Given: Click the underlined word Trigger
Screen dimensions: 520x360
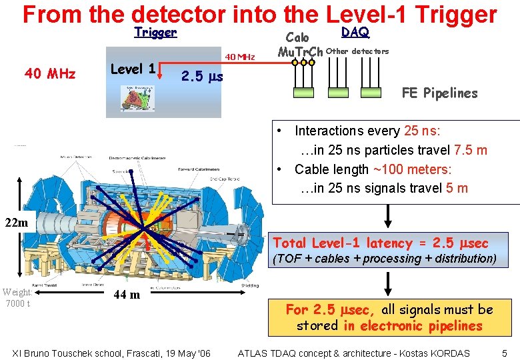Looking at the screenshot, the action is (155, 32).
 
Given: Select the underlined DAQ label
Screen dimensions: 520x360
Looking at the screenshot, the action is (355, 32).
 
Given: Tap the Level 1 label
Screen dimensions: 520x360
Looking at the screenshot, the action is (133, 69).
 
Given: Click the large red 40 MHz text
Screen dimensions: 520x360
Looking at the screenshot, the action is (50, 74).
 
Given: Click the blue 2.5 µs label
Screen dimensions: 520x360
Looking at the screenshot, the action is (202, 77).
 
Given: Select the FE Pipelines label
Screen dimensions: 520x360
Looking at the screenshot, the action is (439, 93).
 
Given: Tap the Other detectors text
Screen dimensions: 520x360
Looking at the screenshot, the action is (357, 51).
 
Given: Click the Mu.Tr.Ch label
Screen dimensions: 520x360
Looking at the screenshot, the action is (300, 52).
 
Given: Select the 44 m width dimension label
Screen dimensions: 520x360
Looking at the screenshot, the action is (126, 294).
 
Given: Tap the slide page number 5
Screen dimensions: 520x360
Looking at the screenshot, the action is (505, 353).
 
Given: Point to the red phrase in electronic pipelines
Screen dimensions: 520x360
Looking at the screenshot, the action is (421, 326).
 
